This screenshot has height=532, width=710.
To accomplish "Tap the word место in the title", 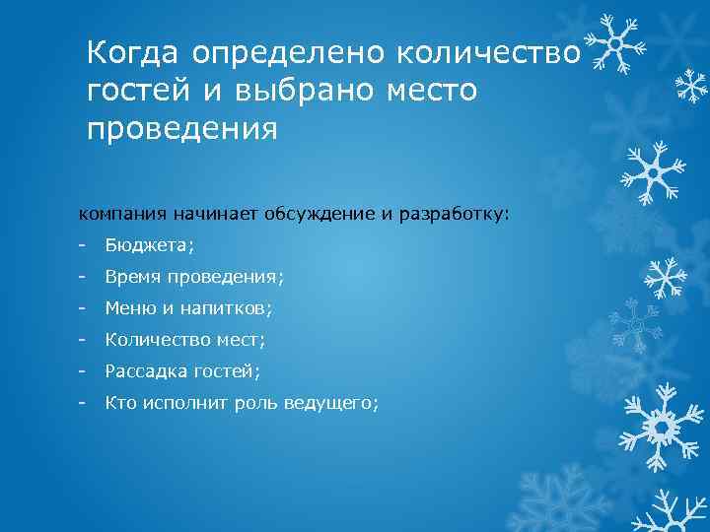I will coord(433,92).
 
